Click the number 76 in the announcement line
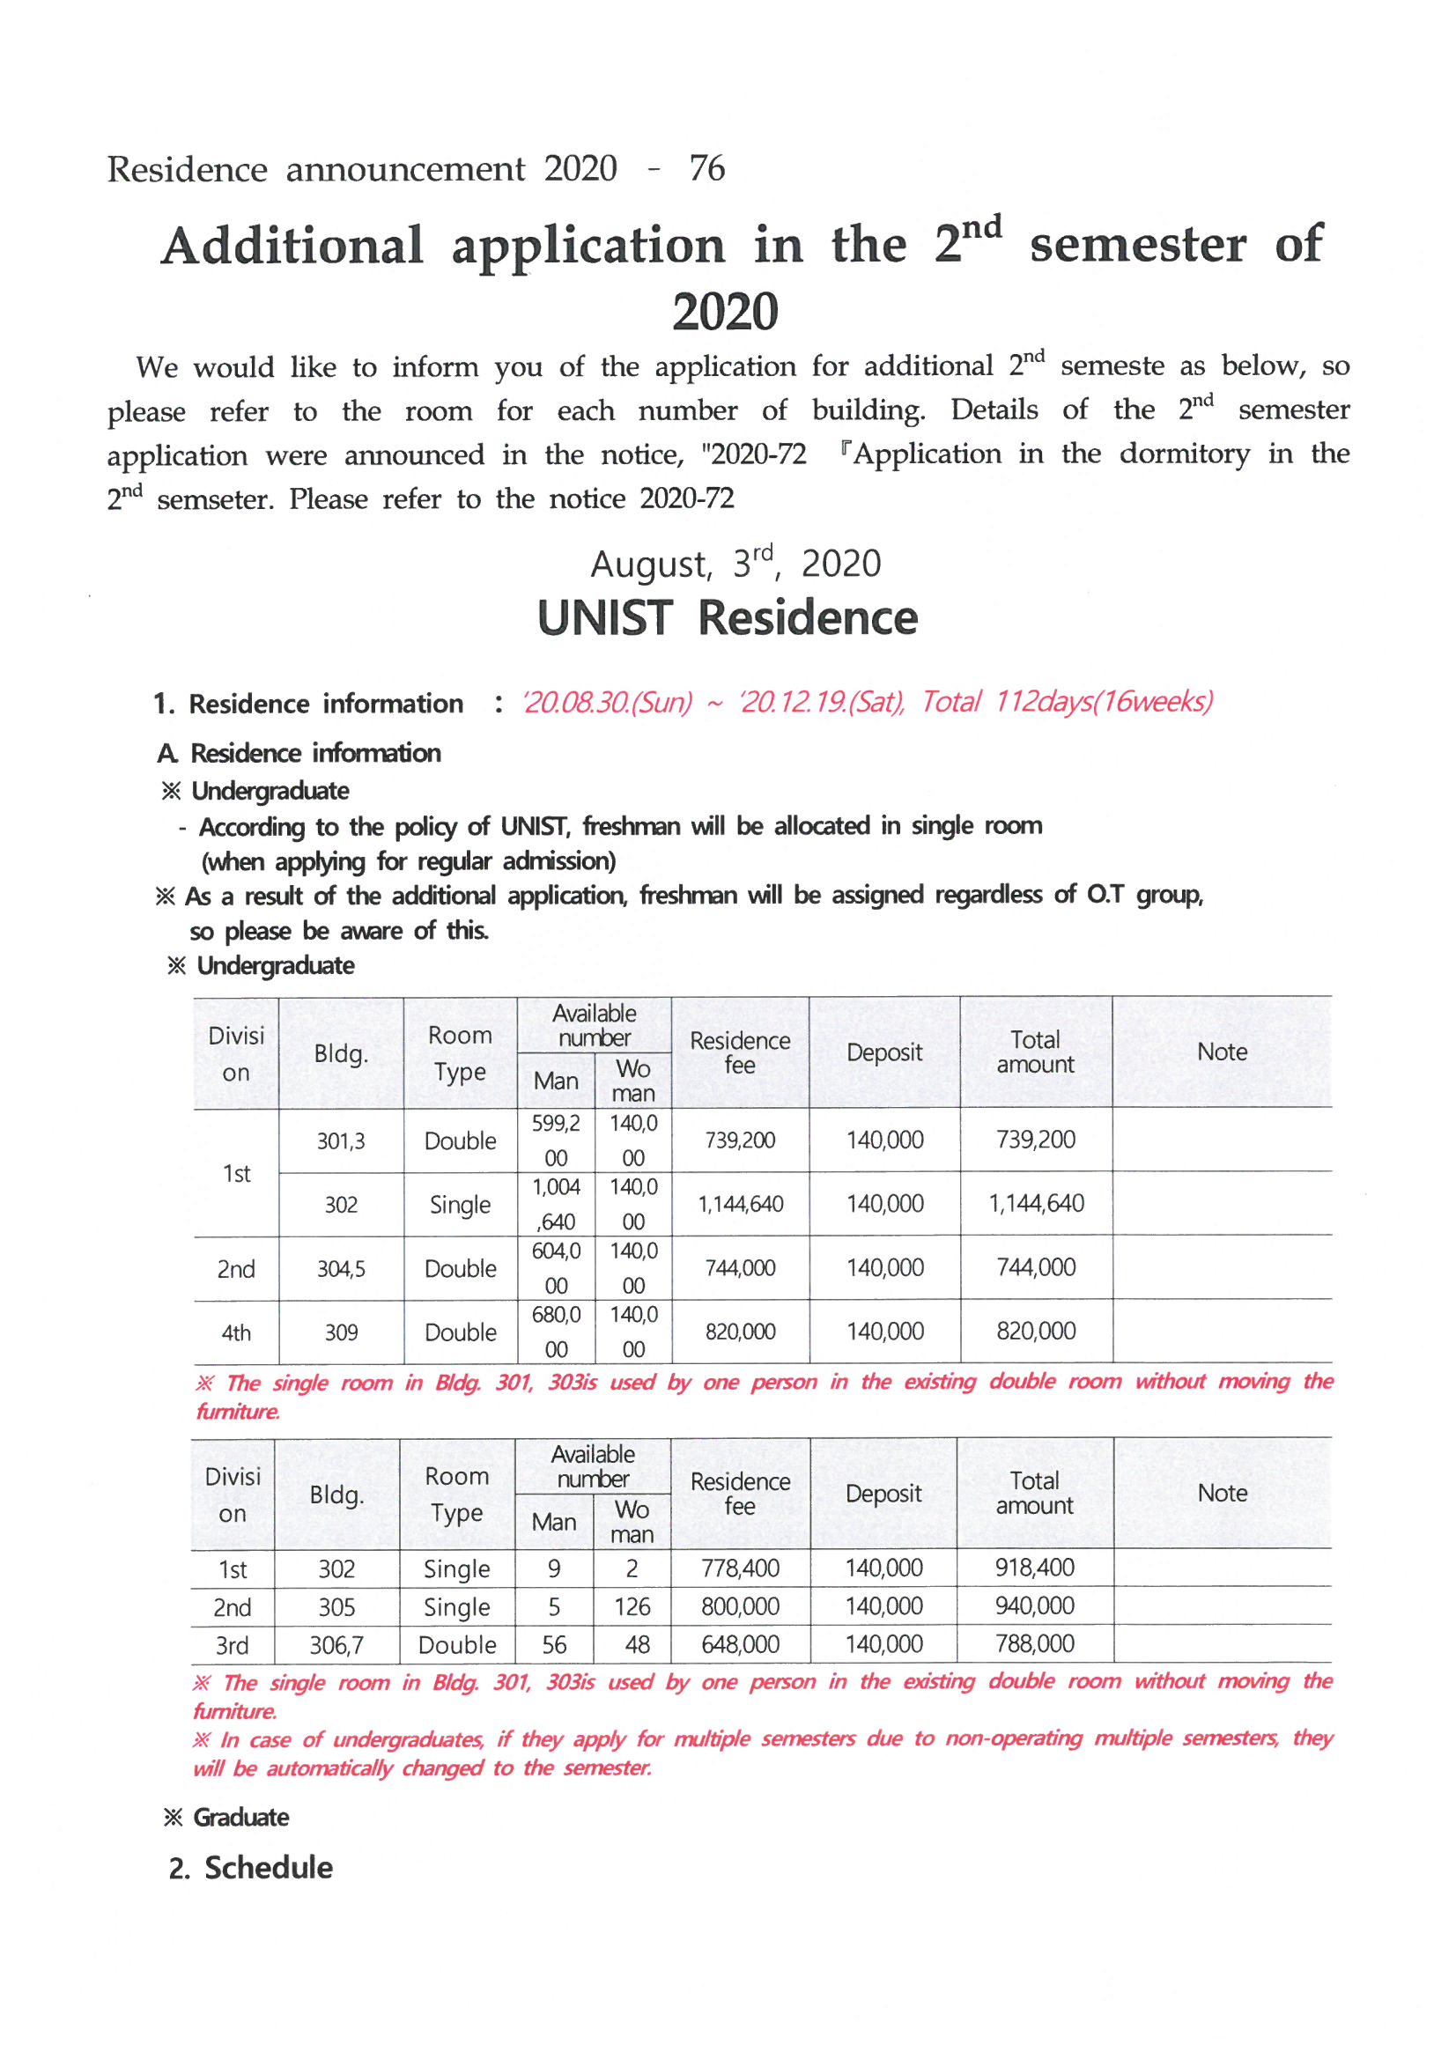[x=706, y=168]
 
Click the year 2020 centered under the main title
[x=725, y=312]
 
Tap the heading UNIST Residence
[x=727, y=618]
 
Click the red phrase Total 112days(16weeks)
[x=1067, y=701]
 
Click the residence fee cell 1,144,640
[x=739, y=1204]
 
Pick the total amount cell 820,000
[x=1035, y=1331]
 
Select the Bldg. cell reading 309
[x=341, y=1332]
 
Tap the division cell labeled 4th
[x=236, y=1332]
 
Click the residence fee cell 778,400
[x=739, y=1568]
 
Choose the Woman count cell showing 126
[x=632, y=1606]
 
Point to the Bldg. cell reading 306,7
[x=336, y=1645]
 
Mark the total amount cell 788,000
[x=1034, y=1644]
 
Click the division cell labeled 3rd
[x=233, y=1646]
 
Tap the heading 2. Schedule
[x=251, y=1868]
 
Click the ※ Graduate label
[x=226, y=1817]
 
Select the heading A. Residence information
[x=299, y=753]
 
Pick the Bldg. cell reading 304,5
[x=341, y=1268]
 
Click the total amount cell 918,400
[x=1034, y=1568]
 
